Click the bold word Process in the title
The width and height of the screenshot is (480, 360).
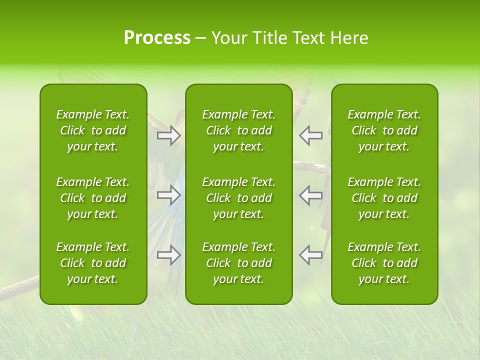tap(157, 38)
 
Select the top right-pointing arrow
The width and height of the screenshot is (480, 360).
tap(168, 135)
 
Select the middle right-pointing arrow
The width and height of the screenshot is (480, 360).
tap(168, 195)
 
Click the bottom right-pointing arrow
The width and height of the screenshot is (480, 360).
tap(168, 255)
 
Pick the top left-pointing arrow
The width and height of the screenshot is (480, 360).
tap(311, 135)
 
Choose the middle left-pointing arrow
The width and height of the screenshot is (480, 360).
tap(311, 195)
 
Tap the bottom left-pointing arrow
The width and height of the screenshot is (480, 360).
tap(311, 255)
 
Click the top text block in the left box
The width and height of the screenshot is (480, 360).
tap(93, 130)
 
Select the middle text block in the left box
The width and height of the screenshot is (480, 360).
tap(93, 198)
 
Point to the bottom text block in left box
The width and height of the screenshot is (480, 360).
tap(93, 263)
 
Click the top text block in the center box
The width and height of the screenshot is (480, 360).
tap(239, 130)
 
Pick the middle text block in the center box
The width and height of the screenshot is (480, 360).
tap(239, 198)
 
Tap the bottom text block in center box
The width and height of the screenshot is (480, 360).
tap(239, 263)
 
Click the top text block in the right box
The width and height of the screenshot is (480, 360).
tap(384, 130)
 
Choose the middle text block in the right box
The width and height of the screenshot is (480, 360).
tap(384, 198)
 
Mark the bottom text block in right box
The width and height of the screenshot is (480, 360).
tap(384, 263)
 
